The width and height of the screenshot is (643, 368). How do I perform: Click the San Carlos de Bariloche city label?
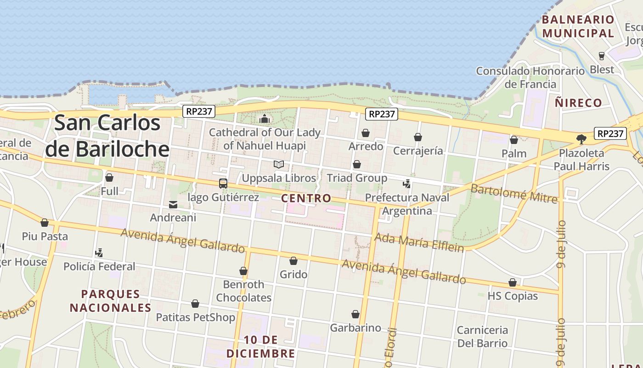(x=107, y=136)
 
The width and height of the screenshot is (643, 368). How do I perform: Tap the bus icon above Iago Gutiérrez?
(x=223, y=184)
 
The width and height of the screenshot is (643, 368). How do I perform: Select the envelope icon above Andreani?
(x=173, y=204)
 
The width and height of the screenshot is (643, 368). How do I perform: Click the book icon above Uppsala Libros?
(x=279, y=164)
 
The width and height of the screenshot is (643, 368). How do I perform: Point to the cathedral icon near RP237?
(x=265, y=119)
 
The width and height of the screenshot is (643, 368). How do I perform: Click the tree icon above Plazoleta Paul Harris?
(x=581, y=138)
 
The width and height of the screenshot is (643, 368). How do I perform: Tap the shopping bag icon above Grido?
(x=293, y=261)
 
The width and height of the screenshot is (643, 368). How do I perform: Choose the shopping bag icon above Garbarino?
(x=355, y=314)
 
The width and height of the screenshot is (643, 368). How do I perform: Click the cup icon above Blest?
(x=602, y=56)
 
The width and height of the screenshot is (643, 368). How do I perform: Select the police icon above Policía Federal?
(x=99, y=253)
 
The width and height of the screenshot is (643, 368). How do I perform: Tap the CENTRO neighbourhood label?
(x=306, y=198)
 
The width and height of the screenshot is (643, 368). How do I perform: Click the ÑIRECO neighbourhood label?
(x=578, y=103)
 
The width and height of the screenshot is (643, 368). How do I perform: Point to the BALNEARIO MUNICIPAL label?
(x=578, y=26)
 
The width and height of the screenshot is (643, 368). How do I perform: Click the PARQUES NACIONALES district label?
(x=111, y=301)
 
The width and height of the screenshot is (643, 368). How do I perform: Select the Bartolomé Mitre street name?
(x=514, y=194)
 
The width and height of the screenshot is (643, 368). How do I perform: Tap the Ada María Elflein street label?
(x=419, y=242)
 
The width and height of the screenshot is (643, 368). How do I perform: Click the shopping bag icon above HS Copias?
(x=513, y=282)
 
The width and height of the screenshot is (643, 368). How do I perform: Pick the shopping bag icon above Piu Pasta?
(x=45, y=223)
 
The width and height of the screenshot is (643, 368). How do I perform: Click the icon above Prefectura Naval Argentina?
(x=406, y=184)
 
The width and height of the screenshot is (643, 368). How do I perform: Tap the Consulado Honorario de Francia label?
(x=530, y=77)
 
